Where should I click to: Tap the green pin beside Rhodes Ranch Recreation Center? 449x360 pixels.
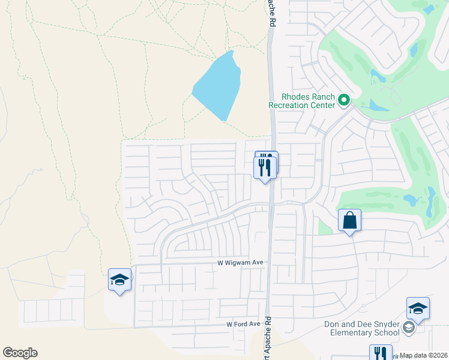(x=344, y=100)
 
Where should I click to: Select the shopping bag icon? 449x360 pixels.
(x=349, y=221)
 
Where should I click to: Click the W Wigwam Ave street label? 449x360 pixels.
(x=240, y=263)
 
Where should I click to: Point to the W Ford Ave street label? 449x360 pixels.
(x=243, y=324)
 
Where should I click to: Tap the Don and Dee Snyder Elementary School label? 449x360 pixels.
(x=361, y=328)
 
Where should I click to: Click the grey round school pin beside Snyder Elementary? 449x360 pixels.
(x=409, y=328)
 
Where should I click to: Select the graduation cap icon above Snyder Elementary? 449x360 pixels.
(x=418, y=308)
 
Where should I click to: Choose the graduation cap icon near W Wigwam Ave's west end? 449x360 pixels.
(x=119, y=280)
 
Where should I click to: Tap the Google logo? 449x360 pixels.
(x=20, y=353)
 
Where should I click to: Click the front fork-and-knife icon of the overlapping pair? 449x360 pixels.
(x=265, y=167)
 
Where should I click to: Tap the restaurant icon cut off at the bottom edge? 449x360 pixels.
(x=380, y=353)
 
